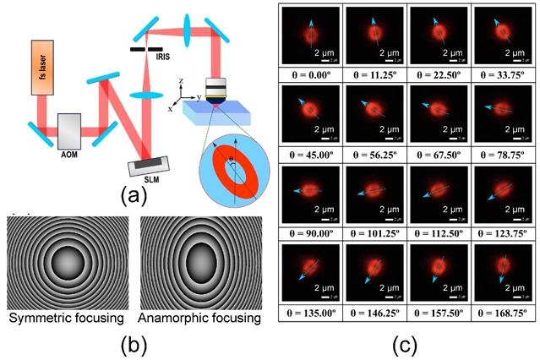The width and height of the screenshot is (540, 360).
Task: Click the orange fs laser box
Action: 42,71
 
